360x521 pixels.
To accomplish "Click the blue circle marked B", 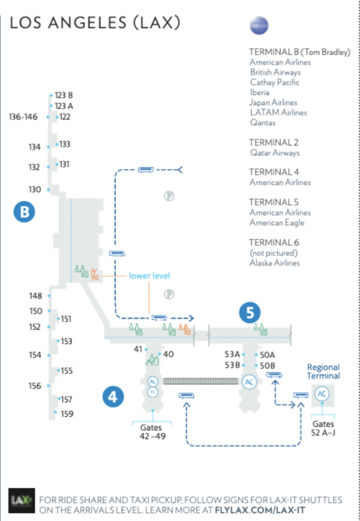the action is tap(24, 212).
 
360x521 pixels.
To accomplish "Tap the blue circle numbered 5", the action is tap(250, 312).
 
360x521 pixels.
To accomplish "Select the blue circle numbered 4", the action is tap(113, 397).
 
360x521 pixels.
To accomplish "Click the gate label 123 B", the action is tap(64, 96).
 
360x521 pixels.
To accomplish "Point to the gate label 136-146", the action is tap(23, 117).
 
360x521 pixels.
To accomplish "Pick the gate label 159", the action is tap(67, 414).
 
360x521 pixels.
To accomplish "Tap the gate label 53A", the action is tap(232, 354).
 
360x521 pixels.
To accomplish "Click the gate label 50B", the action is tap(267, 366).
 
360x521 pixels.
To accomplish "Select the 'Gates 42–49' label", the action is tap(152, 432).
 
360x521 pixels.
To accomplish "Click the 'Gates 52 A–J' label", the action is tap(323, 428).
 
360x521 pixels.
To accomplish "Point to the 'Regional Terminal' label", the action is tap(323, 371).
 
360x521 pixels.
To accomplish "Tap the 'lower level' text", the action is tap(149, 276).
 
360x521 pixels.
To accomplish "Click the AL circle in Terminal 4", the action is tap(153, 381).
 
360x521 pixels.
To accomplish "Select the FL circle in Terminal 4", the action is tap(153, 392).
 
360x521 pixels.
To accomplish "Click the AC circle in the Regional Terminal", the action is tap(322, 394).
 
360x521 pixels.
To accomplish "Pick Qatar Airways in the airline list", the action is tap(275, 153).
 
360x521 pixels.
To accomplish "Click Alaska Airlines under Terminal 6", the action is tap(274, 263).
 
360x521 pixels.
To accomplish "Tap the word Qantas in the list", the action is tap(263, 122).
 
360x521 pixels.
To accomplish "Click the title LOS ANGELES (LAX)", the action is tap(95, 23).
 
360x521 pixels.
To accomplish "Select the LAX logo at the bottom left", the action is tap(22, 501).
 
